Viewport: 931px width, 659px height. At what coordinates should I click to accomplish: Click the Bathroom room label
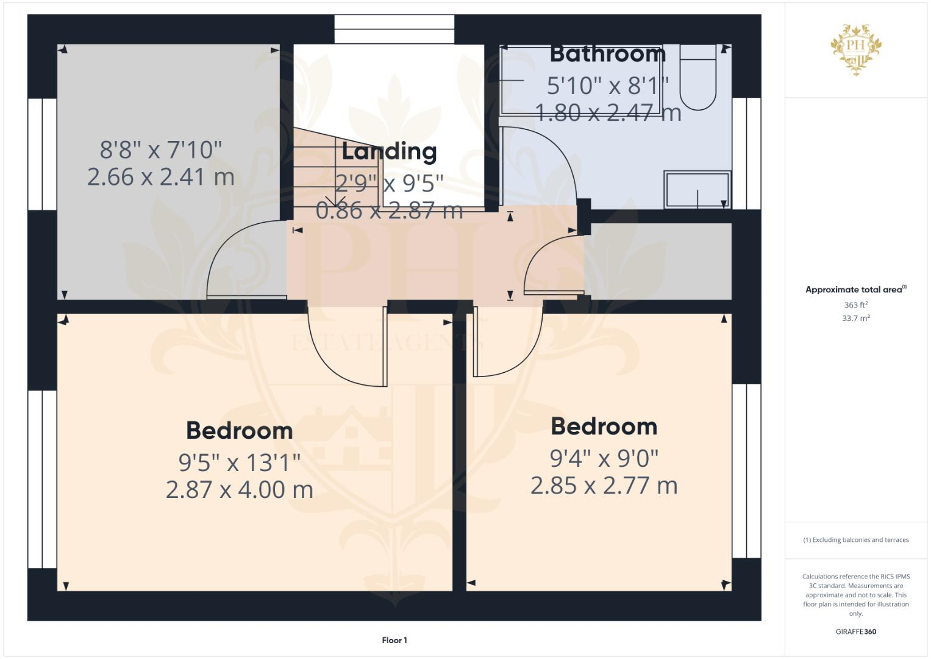pyautogui.click(x=607, y=54)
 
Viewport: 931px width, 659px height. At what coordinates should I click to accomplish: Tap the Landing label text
pyautogui.click(x=389, y=151)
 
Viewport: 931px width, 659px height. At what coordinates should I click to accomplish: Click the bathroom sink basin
pyautogui.click(x=697, y=189)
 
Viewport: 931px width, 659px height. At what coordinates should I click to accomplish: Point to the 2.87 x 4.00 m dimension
pyautogui.click(x=240, y=489)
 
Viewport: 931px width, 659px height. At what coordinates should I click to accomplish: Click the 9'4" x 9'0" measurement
pyautogui.click(x=604, y=458)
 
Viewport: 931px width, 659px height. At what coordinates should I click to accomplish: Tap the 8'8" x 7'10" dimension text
pyautogui.click(x=161, y=149)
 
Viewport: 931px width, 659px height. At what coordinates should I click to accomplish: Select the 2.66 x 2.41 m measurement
pyautogui.click(x=161, y=177)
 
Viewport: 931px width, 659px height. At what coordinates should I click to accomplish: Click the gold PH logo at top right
pyautogui.click(x=856, y=48)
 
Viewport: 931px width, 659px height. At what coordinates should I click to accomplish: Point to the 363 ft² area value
pyautogui.click(x=855, y=304)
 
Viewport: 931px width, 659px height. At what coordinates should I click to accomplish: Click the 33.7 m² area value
pyautogui.click(x=855, y=318)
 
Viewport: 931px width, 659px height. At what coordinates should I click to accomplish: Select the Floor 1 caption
pyautogui.click(x=394, y=640)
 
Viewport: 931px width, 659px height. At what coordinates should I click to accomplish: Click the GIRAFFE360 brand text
pyautogui.click(x=855, y=632)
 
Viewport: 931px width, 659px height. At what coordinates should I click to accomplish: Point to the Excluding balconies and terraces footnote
pyautogui.click(x=855, y=540)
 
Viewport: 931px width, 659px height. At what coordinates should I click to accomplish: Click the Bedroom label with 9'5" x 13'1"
pyautogui.click(x=240, y=431)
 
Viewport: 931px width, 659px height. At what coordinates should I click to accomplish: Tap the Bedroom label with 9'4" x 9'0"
pyautogui.click(x=604, y=427)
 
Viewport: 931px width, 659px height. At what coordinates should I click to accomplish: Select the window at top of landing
pyautogui.click(x=394, y=29)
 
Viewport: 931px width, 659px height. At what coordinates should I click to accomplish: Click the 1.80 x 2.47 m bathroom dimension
pyautogui.click(x=607, y=112)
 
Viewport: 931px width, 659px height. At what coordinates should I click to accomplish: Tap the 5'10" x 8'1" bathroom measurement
pyautogui.click(x=607, y=85)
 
